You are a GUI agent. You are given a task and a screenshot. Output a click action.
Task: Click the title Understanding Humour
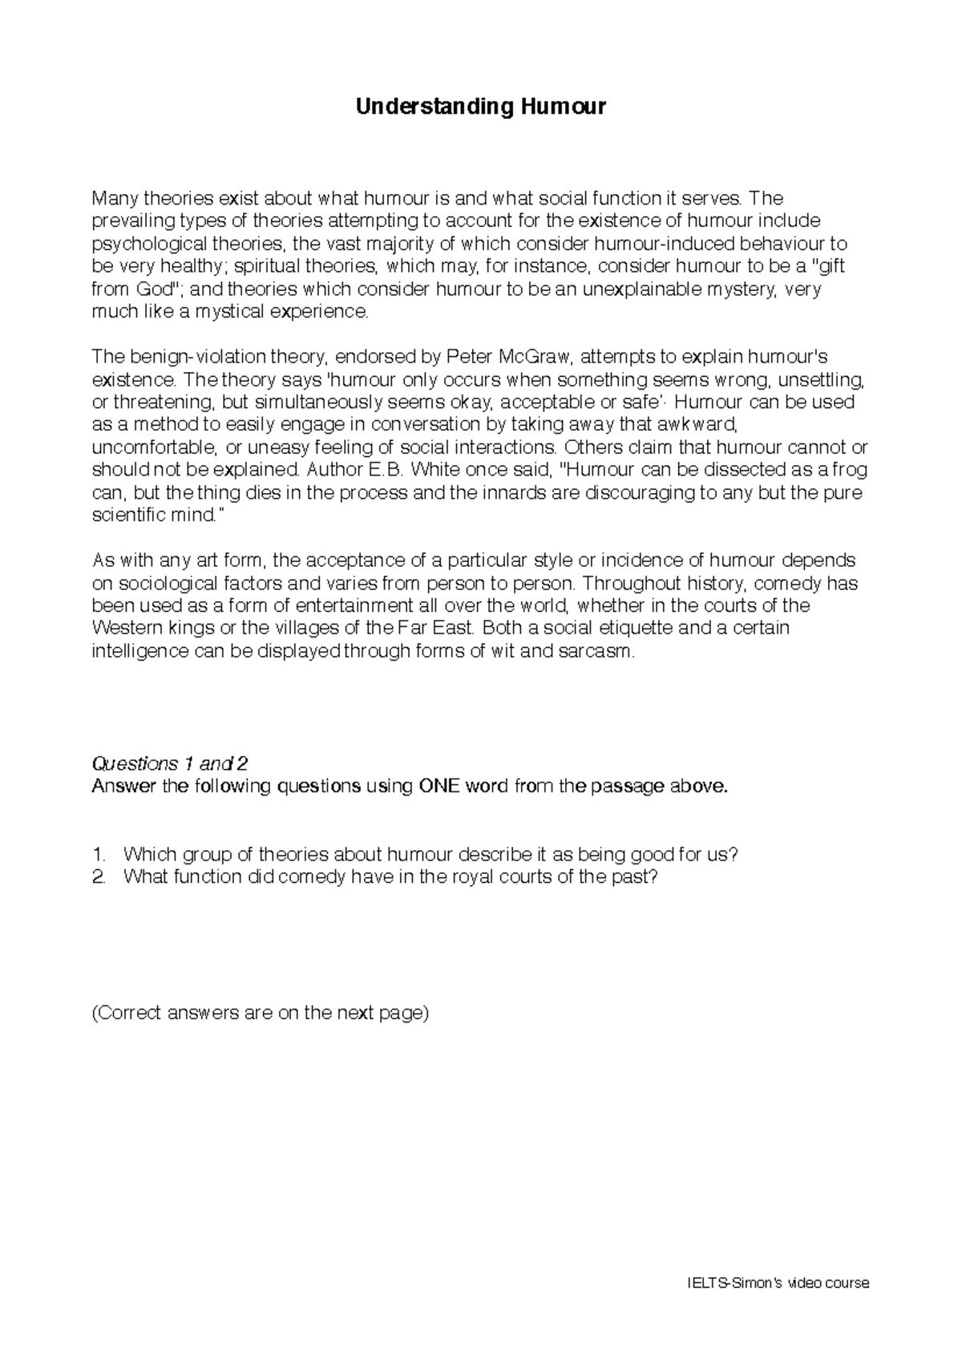481,107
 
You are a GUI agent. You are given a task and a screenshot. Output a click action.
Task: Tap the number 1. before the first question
99,854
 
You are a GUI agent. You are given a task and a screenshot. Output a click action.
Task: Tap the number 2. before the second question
99,876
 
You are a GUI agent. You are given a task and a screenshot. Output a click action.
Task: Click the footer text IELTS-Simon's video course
778,1283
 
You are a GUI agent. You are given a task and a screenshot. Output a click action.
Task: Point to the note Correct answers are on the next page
261,1013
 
